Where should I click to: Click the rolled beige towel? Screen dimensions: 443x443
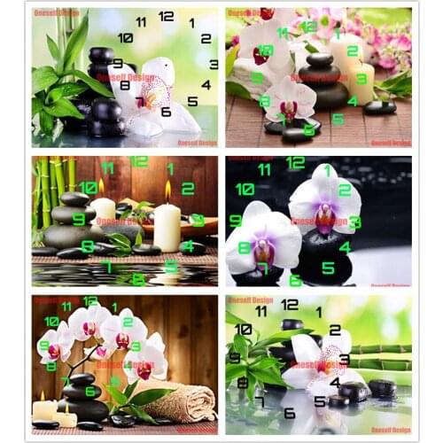182,403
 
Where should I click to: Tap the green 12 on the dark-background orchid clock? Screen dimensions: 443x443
295,163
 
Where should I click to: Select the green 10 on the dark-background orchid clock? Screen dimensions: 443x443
245,189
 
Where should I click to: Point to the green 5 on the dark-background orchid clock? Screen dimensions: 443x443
328,267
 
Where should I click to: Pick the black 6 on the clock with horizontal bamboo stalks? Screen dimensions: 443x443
290,413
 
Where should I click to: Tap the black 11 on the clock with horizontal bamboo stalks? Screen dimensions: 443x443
261,311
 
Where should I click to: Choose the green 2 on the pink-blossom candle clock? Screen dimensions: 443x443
353,51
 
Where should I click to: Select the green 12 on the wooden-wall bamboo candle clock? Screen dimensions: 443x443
139,162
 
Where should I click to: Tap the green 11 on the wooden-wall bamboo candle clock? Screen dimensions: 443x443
107,167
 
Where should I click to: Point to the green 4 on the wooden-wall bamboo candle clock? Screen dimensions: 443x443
187,245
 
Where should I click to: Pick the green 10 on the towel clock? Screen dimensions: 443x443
51,322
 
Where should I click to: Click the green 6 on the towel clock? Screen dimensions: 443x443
89,392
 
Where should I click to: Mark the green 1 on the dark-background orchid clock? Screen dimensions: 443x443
327,169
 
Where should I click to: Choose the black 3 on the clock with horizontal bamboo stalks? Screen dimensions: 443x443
344,360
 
